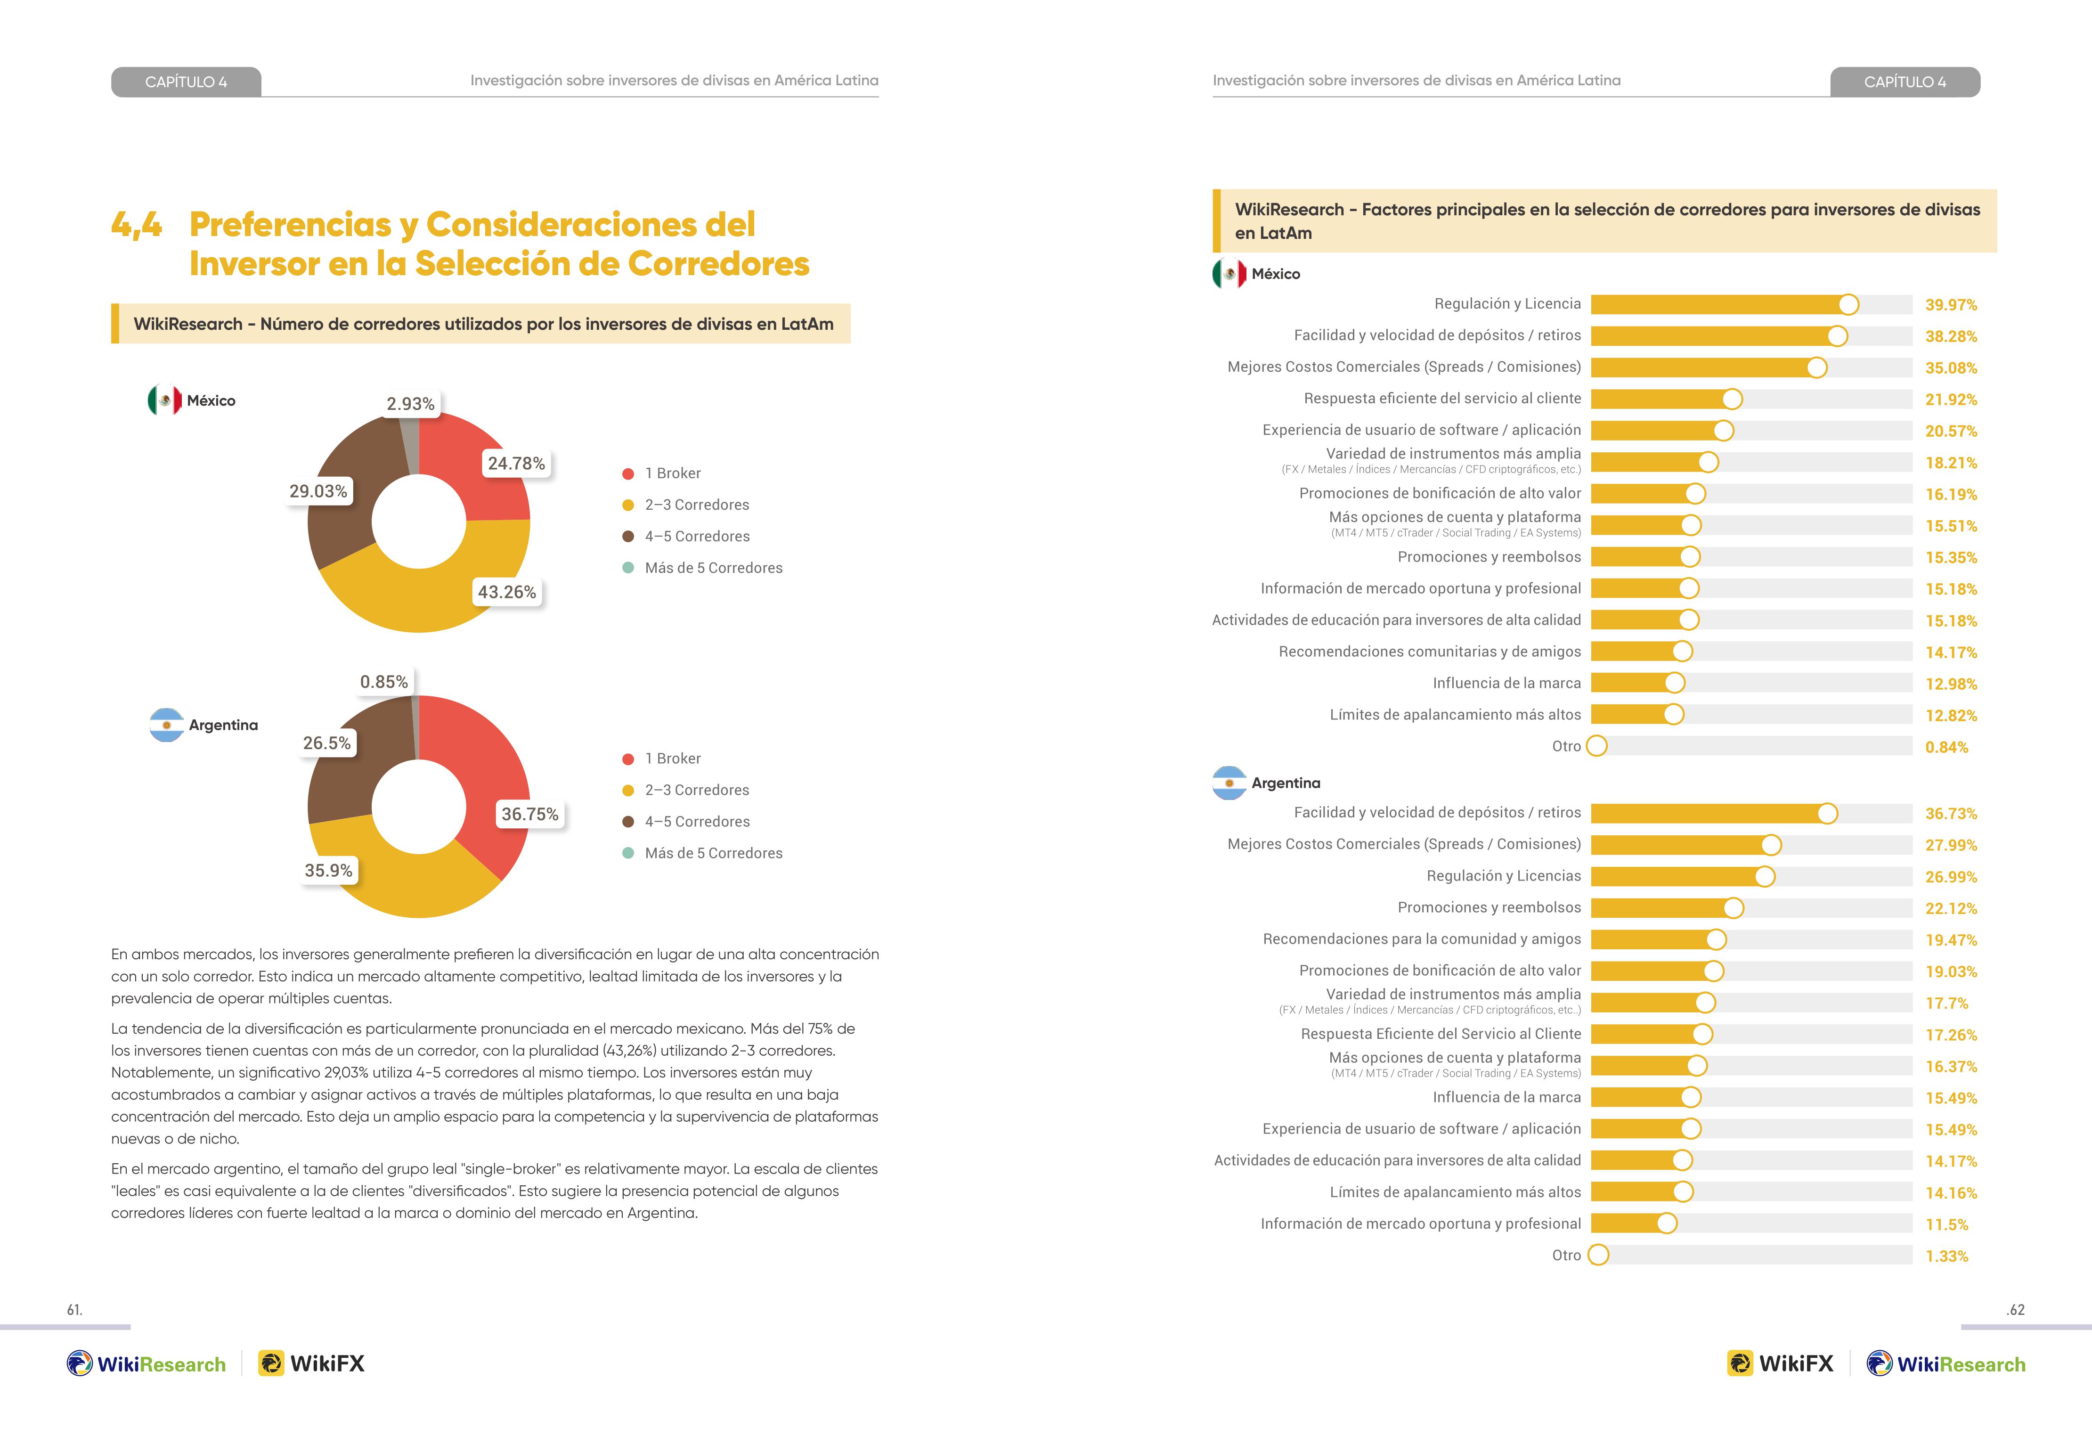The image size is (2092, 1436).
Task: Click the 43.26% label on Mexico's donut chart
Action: click(x=507, y=592)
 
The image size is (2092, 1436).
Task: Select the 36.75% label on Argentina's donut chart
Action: click(x=530, y=814)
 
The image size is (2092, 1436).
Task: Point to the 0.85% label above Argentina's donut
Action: click(x=384, y=682)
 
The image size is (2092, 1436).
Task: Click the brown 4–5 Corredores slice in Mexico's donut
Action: click(x=347, y=504)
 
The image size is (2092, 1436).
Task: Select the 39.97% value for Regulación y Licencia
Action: click(x=1951, y=305)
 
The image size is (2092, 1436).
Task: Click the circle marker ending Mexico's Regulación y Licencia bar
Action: click(x=1848, y=304)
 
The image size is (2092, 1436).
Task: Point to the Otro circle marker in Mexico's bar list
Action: click(x=1597, y=746)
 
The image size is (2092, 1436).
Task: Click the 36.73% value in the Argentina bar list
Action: click(x=1951, y=814)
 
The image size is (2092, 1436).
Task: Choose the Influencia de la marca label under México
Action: click(x=1507, y=683)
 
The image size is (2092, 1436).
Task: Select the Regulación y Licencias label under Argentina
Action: click(x=1503, y=876)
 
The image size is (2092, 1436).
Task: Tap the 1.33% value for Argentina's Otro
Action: click(x=1946, y=1256)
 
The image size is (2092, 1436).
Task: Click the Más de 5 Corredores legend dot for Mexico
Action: click(x=628, y=568)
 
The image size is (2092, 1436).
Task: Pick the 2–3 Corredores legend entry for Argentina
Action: click(x=686, y=791)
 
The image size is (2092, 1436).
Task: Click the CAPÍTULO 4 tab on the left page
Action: click(x=187, y=82)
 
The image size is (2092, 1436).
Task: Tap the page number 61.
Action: click(x=75, y=1310)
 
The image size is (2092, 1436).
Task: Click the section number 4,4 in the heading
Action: click(x=137, y=224)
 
